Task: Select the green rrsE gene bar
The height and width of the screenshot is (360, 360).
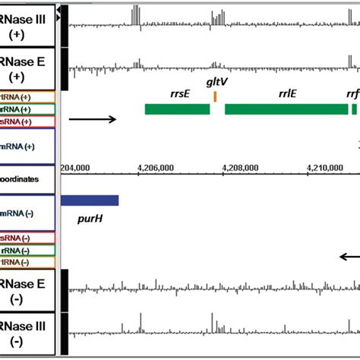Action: click(177, 109)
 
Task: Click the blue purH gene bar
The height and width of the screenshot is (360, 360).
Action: click(90, 201)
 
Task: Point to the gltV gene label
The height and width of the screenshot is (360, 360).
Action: click(215, 81)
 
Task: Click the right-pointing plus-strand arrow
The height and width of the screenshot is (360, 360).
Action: click(92, 118)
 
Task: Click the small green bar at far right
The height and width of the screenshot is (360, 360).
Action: click(354, 109)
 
